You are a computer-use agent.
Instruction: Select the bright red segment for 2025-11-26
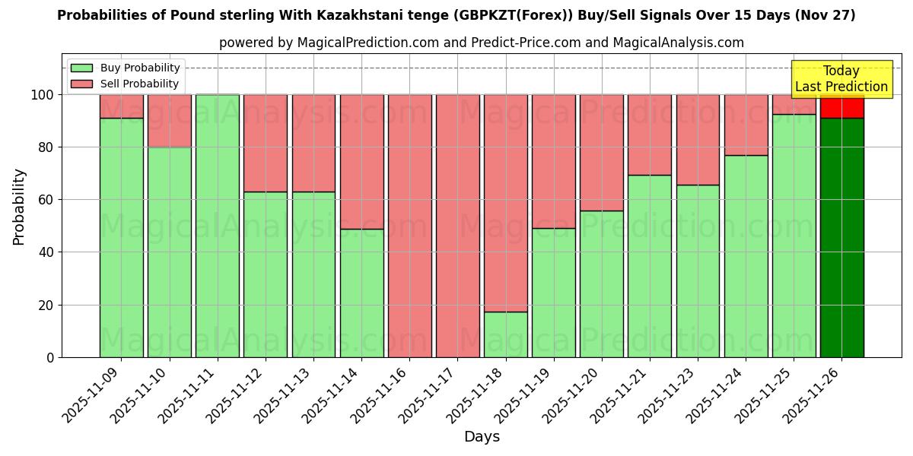[841, 106]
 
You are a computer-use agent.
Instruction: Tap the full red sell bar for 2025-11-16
[409, 226]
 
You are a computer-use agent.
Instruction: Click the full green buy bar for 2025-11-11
[218, 226]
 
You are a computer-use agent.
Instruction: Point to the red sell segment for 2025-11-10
[169, 121]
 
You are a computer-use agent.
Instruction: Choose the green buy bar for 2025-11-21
[650, 266]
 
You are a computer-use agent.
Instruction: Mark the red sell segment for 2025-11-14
[361, 161]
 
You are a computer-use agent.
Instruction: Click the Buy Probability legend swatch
[81, 68]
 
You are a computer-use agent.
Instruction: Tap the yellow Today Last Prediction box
[841, 79]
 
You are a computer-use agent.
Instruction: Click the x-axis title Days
[482, 437]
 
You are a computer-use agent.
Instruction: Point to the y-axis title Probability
[19, 207]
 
